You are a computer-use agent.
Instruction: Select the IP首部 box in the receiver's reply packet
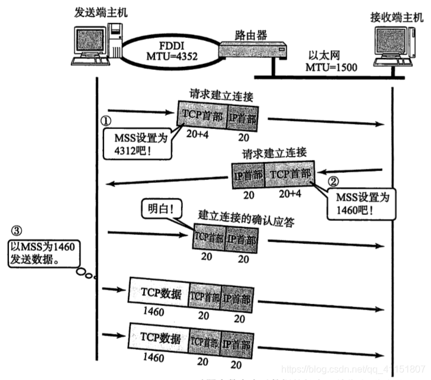coord(248,176)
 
